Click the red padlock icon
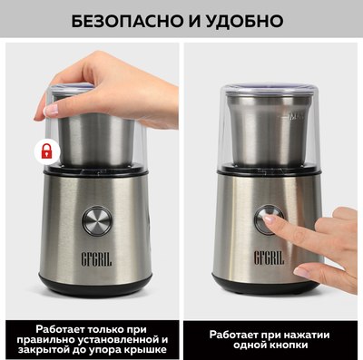point(46,151)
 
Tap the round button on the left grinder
point(97,221)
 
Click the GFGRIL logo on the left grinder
point(96,259)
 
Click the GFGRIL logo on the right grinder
point(269,258)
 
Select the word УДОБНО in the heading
point(245,21)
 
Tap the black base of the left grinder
point(95,285)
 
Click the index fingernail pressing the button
point(269,219)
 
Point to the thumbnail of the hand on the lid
point(51,110)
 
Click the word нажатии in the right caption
point(304,335)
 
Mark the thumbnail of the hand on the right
point(300,272)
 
